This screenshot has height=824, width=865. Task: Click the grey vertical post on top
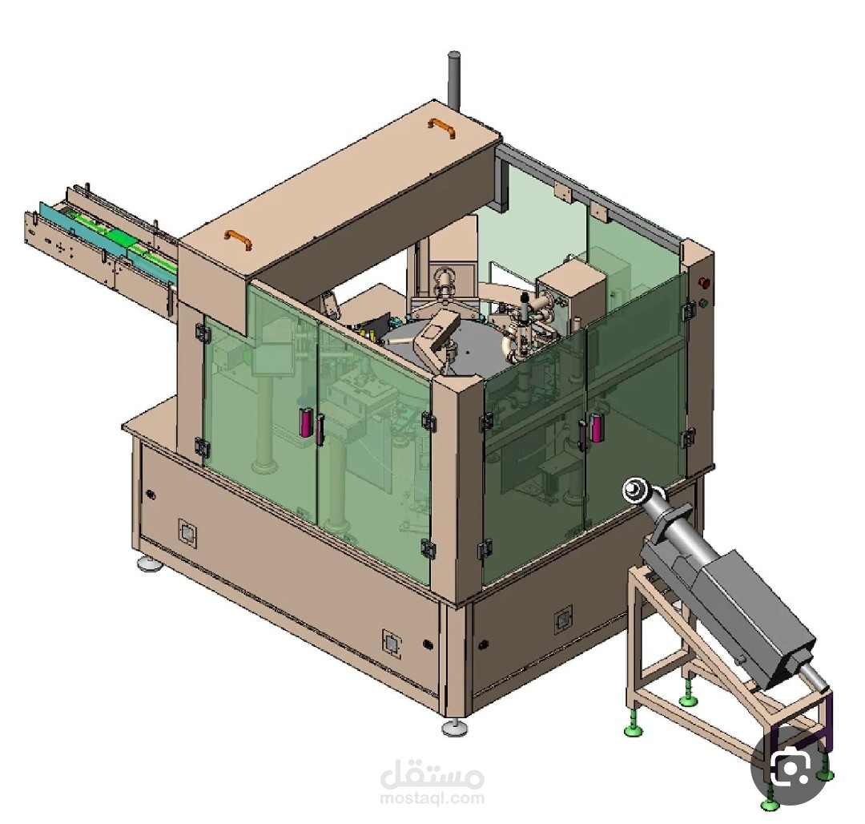click(x=453, y=81)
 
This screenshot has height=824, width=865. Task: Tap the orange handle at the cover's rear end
click(x=441, y=128)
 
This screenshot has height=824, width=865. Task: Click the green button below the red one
click(x=703, y=303)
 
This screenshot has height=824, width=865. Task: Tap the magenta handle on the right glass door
click(x=594, y=427)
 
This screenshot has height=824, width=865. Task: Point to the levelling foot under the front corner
click(x=457, y=728)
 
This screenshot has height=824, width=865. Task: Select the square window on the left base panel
click(x=187, y=533)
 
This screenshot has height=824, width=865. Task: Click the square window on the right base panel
click(x=563, y=620)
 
